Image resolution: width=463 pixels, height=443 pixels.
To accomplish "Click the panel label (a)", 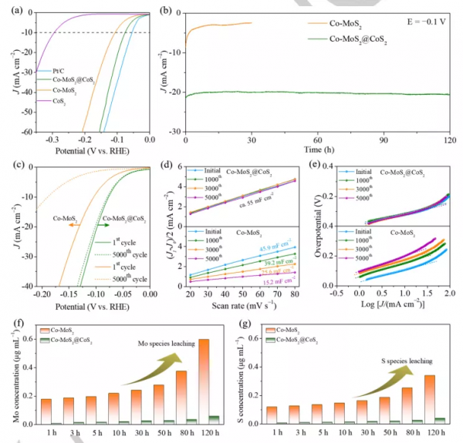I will click(12, 10).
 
